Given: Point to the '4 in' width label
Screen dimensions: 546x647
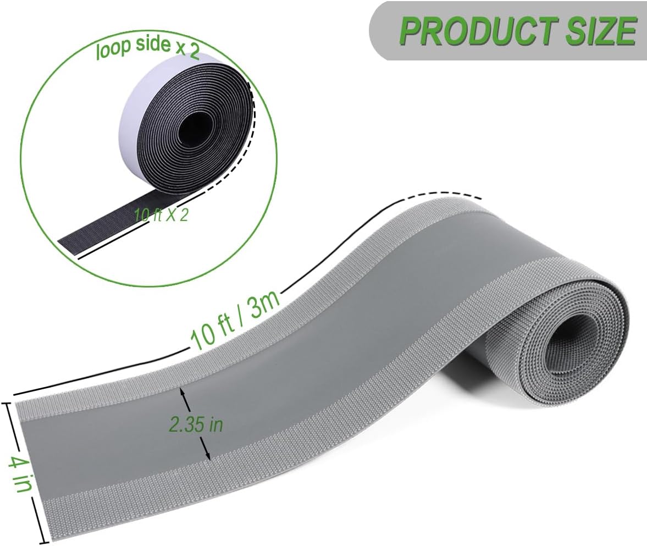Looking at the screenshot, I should click(x=20, y=472).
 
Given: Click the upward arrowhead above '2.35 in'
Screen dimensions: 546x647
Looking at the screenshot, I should click(x=183, y=394).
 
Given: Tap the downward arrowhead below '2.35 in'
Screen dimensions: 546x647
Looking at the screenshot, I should click(x=207, y=456).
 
